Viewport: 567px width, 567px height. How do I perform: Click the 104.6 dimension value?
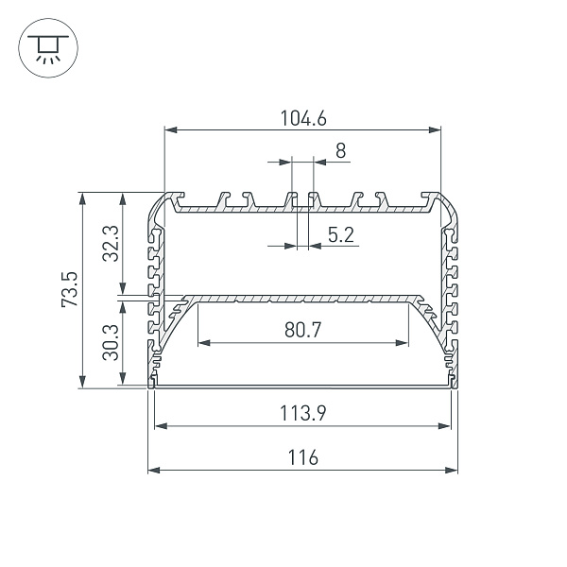[303, 118]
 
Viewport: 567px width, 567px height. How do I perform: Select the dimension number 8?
[340, 151]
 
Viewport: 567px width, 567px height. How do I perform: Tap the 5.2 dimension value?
[340, 234]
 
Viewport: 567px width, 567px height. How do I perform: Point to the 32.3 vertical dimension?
[111, 244]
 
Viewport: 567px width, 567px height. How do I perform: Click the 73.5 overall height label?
[69, 289]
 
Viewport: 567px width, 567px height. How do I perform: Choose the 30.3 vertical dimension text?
[111, 342]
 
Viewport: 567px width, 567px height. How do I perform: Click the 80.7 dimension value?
[302, 330]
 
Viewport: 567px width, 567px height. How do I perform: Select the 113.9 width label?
[303, 413]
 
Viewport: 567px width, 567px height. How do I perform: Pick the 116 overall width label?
[303, 457]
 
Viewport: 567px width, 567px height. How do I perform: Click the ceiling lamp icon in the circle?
[48, 48]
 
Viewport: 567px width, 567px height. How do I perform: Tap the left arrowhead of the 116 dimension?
[154, 471]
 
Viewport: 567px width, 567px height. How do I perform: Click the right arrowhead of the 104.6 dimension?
[435, 129]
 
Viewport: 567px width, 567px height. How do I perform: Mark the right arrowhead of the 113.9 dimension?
[444, 426]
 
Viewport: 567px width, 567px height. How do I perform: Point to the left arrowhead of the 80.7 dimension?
[204, 343]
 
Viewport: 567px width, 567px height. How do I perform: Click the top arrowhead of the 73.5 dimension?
[83, 198]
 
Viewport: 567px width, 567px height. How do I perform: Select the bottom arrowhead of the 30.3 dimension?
[123, 378]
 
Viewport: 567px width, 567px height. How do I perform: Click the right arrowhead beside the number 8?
[320, 162]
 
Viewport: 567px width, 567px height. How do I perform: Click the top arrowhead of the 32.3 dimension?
[123, 198]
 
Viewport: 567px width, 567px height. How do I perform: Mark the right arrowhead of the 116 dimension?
[452, 471]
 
